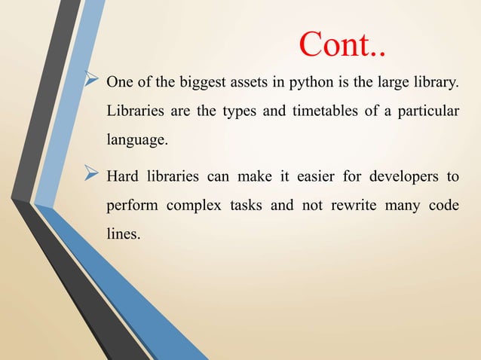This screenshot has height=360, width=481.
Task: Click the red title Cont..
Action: [343, 44]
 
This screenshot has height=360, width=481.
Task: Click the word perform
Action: [130, 206]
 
